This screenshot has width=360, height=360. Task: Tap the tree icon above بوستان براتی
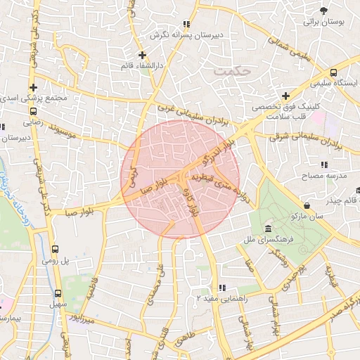point(323,11)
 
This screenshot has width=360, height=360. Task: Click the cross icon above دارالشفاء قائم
point(142,54)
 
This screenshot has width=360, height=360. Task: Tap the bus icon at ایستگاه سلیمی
point(333,72)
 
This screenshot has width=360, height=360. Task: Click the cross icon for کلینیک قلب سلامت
point(285,96)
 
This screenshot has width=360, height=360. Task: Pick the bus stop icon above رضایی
point(33,110)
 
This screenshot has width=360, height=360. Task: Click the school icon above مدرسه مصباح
point(323,164)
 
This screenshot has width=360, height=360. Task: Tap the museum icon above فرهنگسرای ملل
point(269,229)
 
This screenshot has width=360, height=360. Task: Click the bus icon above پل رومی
point(56,249)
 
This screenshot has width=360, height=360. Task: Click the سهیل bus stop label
point(56,305)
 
